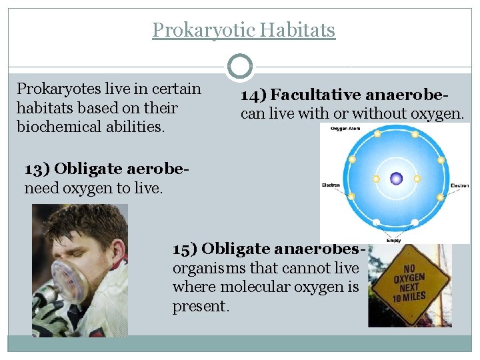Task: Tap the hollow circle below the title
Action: point(240,67)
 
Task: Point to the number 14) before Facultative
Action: point(253,95)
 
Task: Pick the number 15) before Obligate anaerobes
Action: point(185,249)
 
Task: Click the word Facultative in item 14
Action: point(314,95)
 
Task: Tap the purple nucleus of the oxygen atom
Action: point(397,178)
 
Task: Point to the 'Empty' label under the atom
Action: point(393,241)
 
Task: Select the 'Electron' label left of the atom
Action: point(331,185)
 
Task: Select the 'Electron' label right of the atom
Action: point(459,185)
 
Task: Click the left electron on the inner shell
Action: point(376,179)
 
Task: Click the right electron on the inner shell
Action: point(417,179)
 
